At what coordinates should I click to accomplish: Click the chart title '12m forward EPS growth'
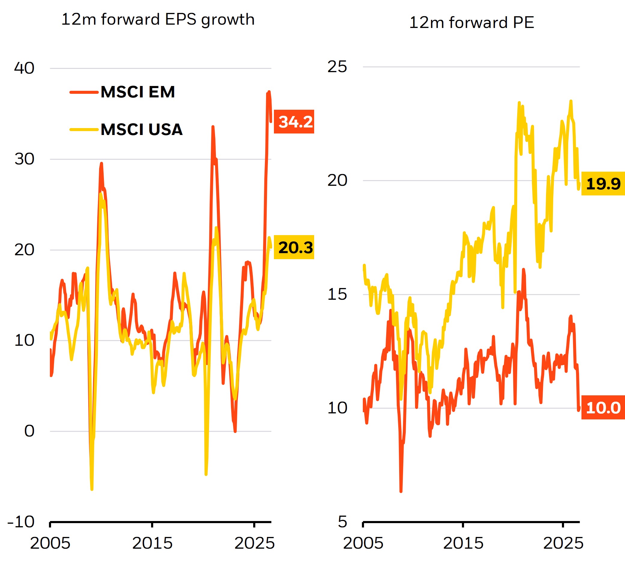158,20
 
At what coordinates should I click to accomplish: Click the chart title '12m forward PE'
471,23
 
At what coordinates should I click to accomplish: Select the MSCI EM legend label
138,92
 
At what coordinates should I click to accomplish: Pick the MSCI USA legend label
142,130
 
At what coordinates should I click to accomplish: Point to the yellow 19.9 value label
603,184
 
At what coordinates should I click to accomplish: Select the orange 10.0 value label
603,407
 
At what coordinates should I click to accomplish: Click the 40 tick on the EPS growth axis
24,68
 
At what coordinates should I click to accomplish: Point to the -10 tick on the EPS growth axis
21,522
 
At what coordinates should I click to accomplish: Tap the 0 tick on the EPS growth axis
29,431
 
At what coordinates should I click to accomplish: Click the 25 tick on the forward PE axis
337,66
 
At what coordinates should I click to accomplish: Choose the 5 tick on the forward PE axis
342,522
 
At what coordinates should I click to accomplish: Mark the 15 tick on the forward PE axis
337,294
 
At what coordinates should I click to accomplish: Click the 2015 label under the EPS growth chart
152,543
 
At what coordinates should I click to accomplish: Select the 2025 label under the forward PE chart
563,543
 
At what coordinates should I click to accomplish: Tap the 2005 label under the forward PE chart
363,543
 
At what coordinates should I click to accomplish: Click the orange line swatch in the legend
84,92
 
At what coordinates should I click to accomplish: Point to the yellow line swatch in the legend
84,130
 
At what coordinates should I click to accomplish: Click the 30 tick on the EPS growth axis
24,159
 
